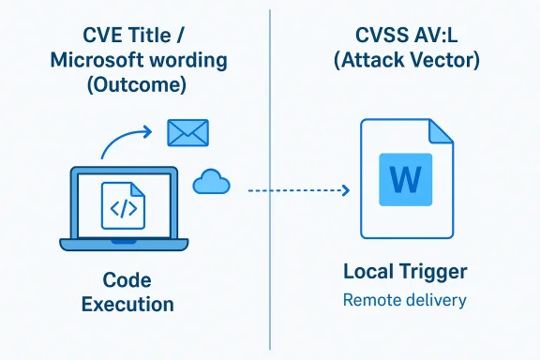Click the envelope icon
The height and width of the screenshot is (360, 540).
[186, 133]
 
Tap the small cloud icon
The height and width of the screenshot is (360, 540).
[211, 184]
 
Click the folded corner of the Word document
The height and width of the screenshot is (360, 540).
[440, 132]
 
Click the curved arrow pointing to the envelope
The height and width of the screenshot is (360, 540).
[122, 142]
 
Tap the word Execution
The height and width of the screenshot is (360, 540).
[127, 305]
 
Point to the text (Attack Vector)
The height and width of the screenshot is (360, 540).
[404, 61]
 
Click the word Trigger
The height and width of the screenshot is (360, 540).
[431, 273]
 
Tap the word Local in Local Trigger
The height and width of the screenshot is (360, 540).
[368, 273]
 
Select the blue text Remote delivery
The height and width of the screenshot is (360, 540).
[404, 301]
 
